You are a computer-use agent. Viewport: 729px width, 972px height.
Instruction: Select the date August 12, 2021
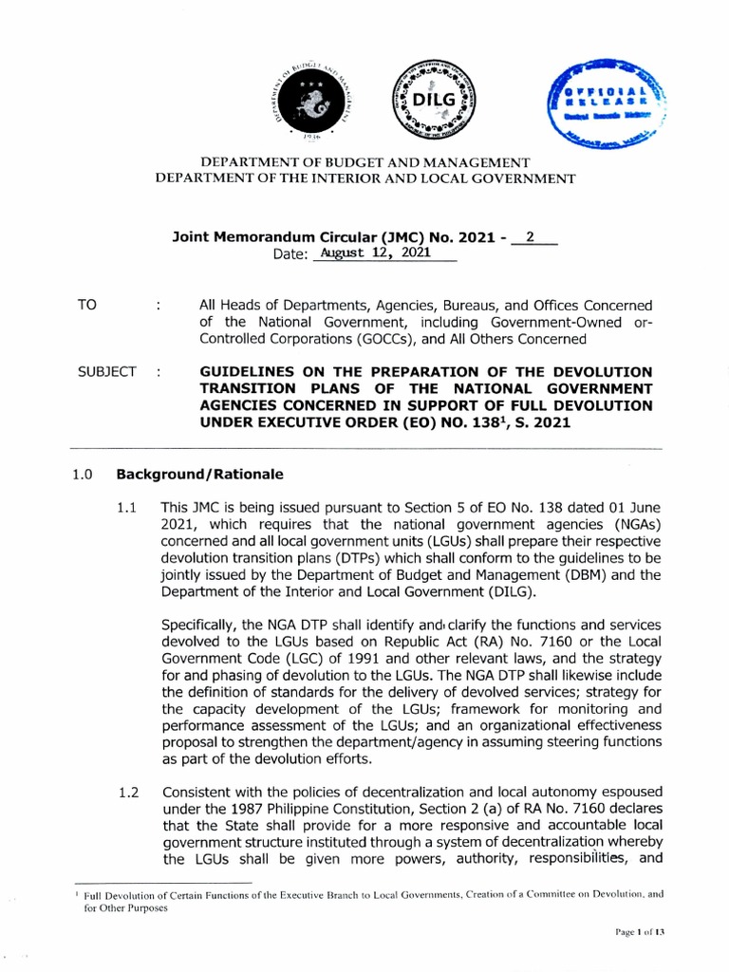pos(375,253)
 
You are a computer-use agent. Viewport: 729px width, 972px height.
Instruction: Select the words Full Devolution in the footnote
pos(118,893)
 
